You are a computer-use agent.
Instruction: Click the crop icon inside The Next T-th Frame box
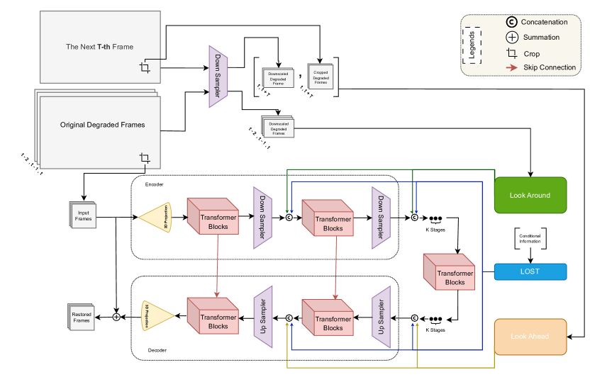click(x=145, y=67)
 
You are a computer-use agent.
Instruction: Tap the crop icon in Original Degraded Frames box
click(x=145, y=157)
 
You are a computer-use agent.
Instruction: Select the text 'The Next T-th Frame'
click(x=99, y=47)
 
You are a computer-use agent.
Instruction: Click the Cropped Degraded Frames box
click(x=321, y=77)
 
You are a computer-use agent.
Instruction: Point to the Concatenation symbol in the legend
click(x=512, y=22)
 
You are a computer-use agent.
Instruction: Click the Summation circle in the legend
click(x=512, y=38)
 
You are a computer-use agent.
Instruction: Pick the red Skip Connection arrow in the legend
click(x=512, y=68)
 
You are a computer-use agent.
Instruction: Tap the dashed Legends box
click(x=472, y=45)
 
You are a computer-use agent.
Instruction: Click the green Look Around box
click(x=530, y=196)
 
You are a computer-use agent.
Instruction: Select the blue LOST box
click(x=530, y=271)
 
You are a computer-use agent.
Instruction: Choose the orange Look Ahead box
click(x=530, y=337)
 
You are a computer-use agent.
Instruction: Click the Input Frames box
click(x=83, y=215)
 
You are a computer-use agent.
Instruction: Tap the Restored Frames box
click(x=82, y=317)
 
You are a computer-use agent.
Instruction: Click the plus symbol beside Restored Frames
click(x=116, y=317)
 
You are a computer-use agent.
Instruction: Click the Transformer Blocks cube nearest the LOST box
click(x=450, y=272)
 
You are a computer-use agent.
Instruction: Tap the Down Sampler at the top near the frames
click(x=218, y=77)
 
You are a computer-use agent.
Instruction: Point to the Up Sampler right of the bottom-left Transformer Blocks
click(x=262, y=316)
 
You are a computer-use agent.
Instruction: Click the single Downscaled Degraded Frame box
click(x=278, y=78)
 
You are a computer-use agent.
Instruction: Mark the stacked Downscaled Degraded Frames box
click(x=278, y=127)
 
